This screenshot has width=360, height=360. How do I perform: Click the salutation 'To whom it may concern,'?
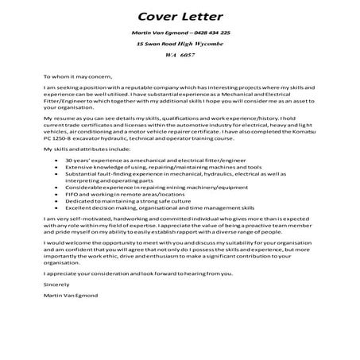coord(75,77)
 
